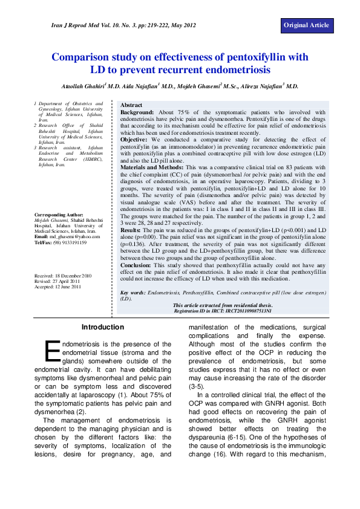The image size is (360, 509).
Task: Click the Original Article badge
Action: coord(307,25)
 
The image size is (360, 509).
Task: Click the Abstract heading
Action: coord(131,105)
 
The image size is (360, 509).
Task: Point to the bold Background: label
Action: coord(138,112)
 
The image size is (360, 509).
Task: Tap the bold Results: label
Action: coord(131,230)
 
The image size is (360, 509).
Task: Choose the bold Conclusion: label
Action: coord(136,265)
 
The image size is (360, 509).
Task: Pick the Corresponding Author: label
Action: coord(59,215)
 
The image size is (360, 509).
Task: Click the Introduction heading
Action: coord(102,327)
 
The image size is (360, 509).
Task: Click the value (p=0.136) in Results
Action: coord(134,244)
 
